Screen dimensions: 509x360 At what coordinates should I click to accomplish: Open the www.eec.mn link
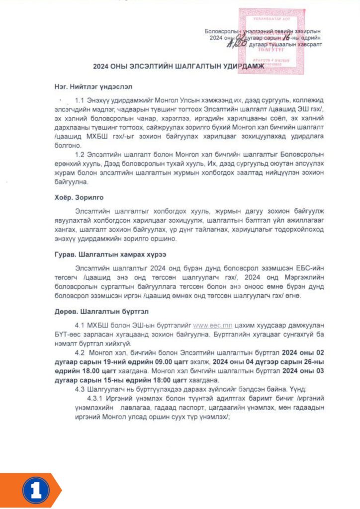207,326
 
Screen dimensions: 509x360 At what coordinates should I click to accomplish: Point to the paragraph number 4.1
80,326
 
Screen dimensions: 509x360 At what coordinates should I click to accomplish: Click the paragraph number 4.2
80,352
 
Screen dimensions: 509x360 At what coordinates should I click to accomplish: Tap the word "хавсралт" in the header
308,44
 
